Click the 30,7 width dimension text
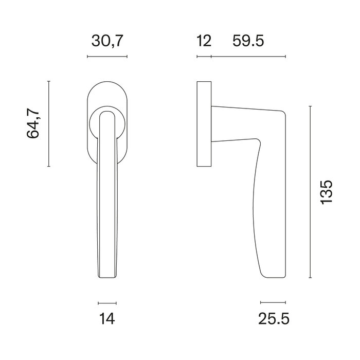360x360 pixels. (107, 41)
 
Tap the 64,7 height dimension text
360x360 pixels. (33, 123)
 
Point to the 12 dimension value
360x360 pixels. (204, 41)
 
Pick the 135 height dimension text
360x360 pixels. (326, 192)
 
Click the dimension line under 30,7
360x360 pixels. (107, 56)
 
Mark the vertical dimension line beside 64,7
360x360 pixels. (48, 123)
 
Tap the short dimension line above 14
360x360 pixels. (107, 303)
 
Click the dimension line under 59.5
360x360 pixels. (248, 56)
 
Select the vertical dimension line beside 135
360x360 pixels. (310, 192)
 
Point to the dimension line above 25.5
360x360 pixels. (273, 303)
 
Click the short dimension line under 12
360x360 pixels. (204, 56)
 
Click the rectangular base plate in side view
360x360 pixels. (204, 123)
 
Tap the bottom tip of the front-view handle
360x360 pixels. (107, 278)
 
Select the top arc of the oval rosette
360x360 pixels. (107, 83)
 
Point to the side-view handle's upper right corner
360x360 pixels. (283, 113)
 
